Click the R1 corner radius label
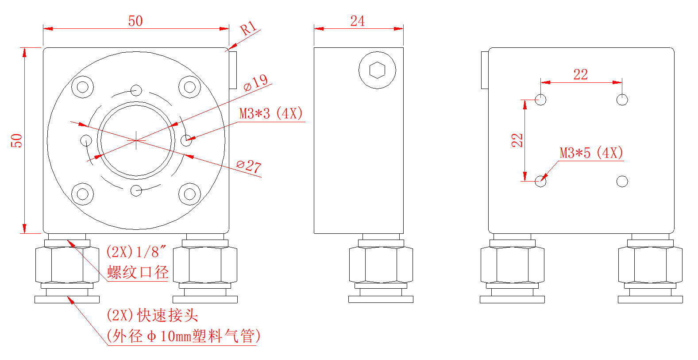coord(248,28)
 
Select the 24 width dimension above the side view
coord(357,21)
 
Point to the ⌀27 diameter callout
coord(248,166)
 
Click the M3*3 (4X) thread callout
coord(271,113)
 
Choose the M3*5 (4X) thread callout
coord(591,153)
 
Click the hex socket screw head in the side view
coord(377,70)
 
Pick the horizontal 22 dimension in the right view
coord(580,74)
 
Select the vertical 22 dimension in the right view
coord(517,140)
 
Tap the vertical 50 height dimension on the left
coord(16,140)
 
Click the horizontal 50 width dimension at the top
coord(135,21)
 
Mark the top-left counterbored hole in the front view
coord(82,86)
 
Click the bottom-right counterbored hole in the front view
coord(189,194)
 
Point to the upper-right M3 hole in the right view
coord(622,100)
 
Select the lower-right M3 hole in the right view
coord(622,181)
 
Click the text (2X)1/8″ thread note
coord(136,252)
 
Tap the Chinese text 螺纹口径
coord(138,272)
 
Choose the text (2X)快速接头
coord(152,315)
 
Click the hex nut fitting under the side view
coord(381,265)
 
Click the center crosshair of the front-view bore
coord(136,140)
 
